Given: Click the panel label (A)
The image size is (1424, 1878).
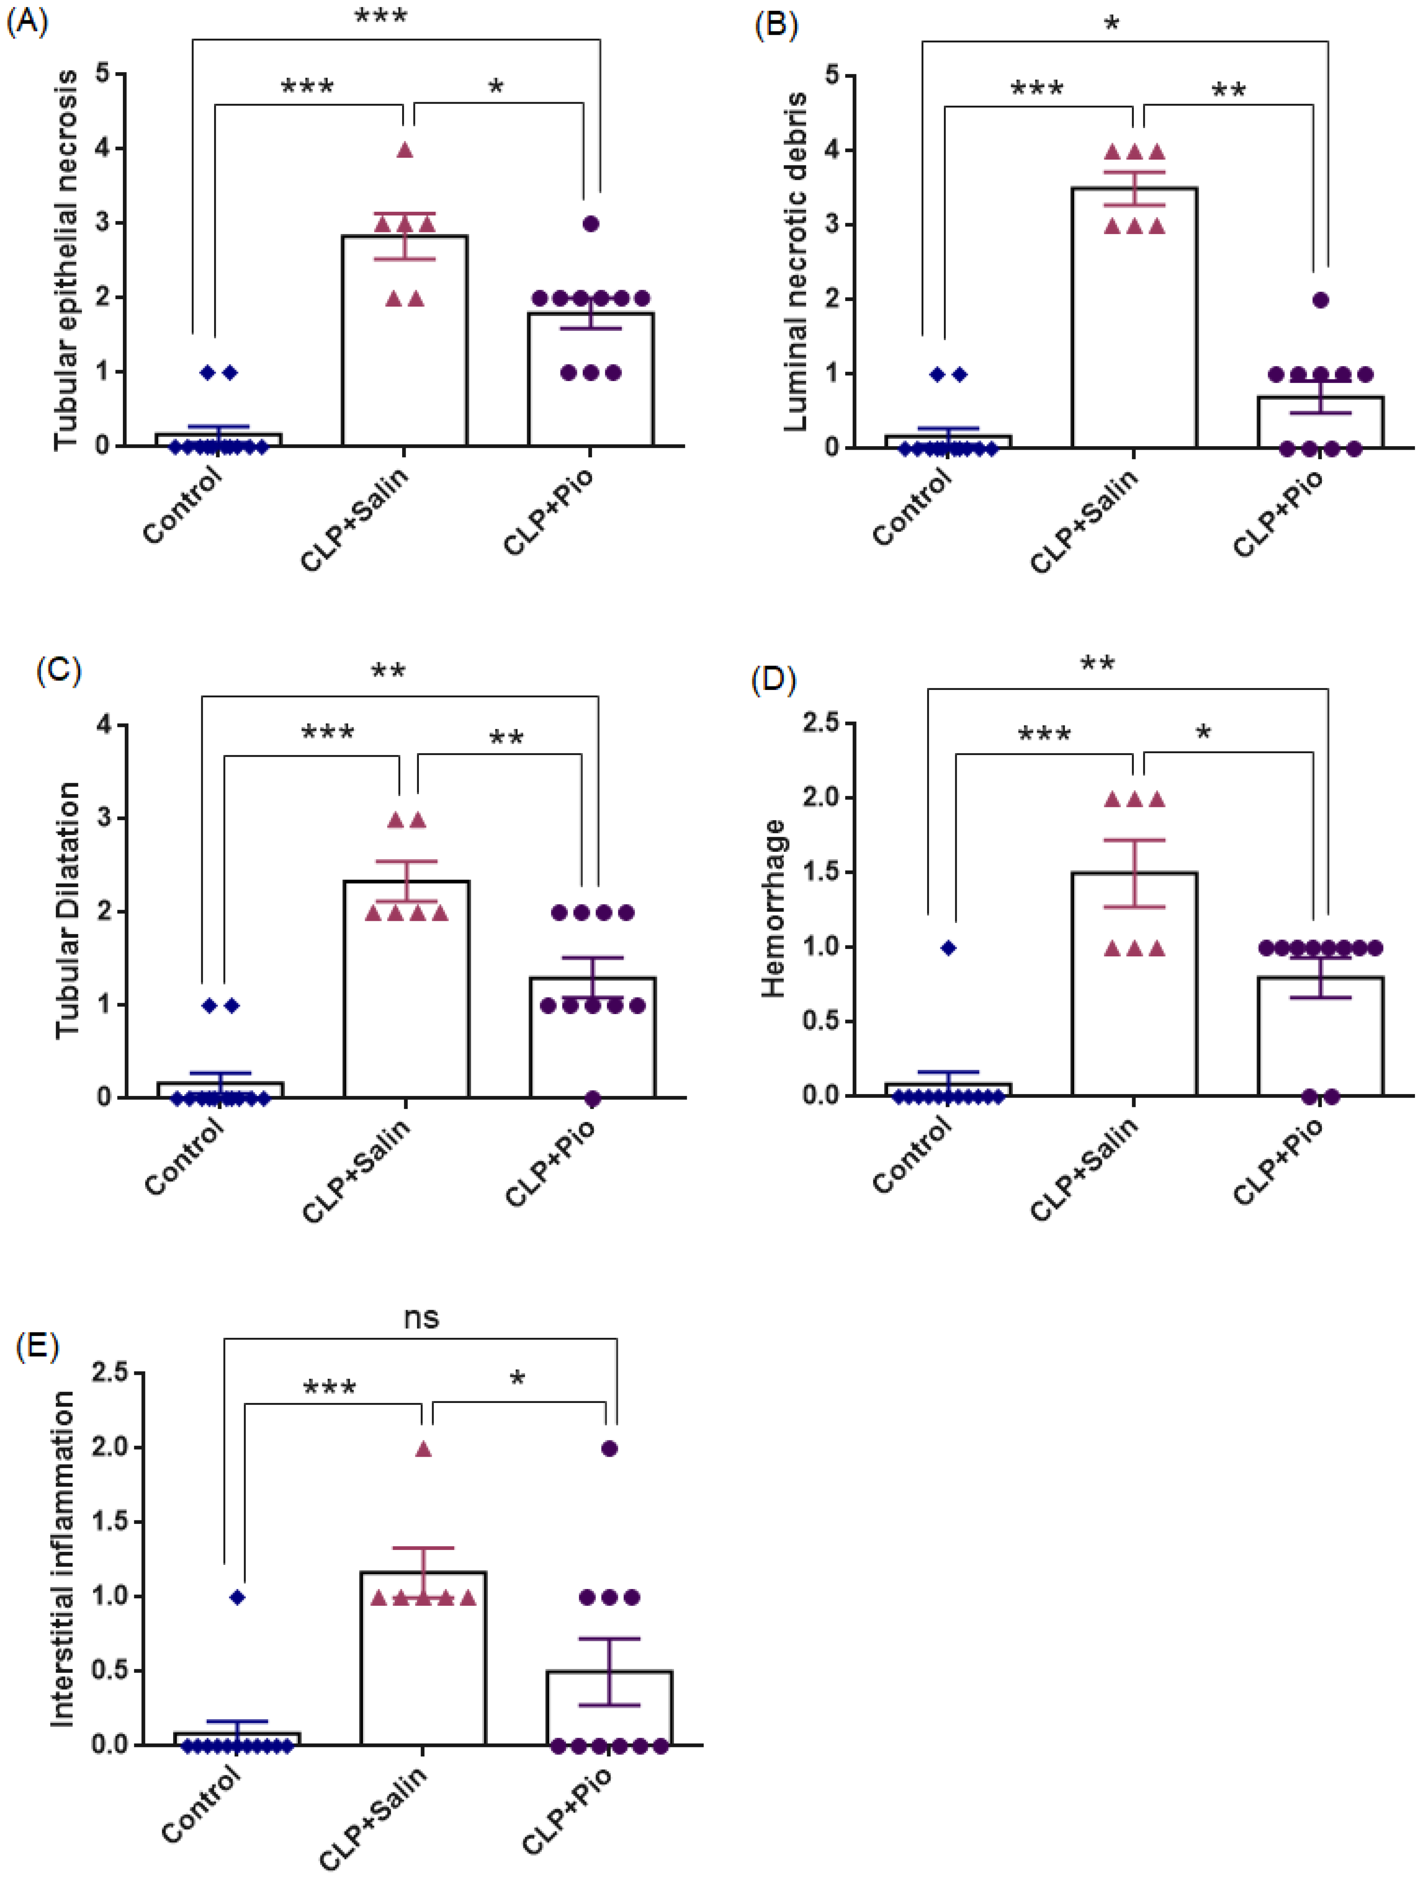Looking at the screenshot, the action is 27,20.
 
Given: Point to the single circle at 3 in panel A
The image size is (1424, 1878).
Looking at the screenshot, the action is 591,223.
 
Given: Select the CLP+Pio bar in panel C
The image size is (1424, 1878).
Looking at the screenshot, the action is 593,1037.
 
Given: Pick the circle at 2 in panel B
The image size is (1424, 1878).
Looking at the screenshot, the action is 1320,300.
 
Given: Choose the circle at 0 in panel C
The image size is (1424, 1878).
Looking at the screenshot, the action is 593,1099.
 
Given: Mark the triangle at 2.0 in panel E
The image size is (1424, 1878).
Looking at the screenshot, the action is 423,1449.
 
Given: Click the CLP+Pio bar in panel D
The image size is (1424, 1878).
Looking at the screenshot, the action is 1320,1037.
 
